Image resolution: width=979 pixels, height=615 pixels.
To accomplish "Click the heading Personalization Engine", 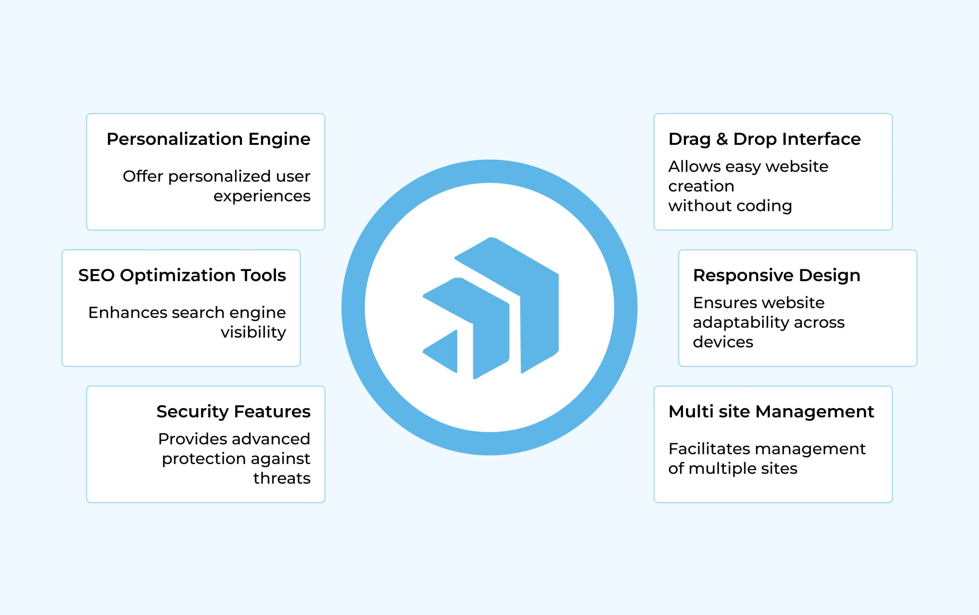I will coord(208,140).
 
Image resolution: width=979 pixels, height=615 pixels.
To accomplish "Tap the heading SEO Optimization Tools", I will coord(182,276).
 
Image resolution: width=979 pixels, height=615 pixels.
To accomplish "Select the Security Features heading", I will coord(233,412).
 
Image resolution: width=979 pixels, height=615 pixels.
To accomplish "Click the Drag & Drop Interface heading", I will coord(764,140).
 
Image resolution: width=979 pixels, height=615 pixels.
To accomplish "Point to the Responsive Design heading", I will coord(777,276).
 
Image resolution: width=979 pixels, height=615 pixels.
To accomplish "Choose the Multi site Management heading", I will coord(771,412).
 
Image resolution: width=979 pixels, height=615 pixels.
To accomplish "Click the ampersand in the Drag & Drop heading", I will coord(722,139).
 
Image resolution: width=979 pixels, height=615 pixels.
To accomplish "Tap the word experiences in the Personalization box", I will coord(262,196).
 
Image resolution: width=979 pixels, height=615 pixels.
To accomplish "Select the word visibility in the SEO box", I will coord(253,333).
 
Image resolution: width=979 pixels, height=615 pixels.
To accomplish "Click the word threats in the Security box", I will coord(282,479).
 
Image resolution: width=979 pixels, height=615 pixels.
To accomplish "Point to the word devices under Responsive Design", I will coord(723,342).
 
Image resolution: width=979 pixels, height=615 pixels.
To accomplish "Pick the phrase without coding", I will coord(730,206).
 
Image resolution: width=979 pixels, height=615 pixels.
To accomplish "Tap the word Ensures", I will coord(717,303).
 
